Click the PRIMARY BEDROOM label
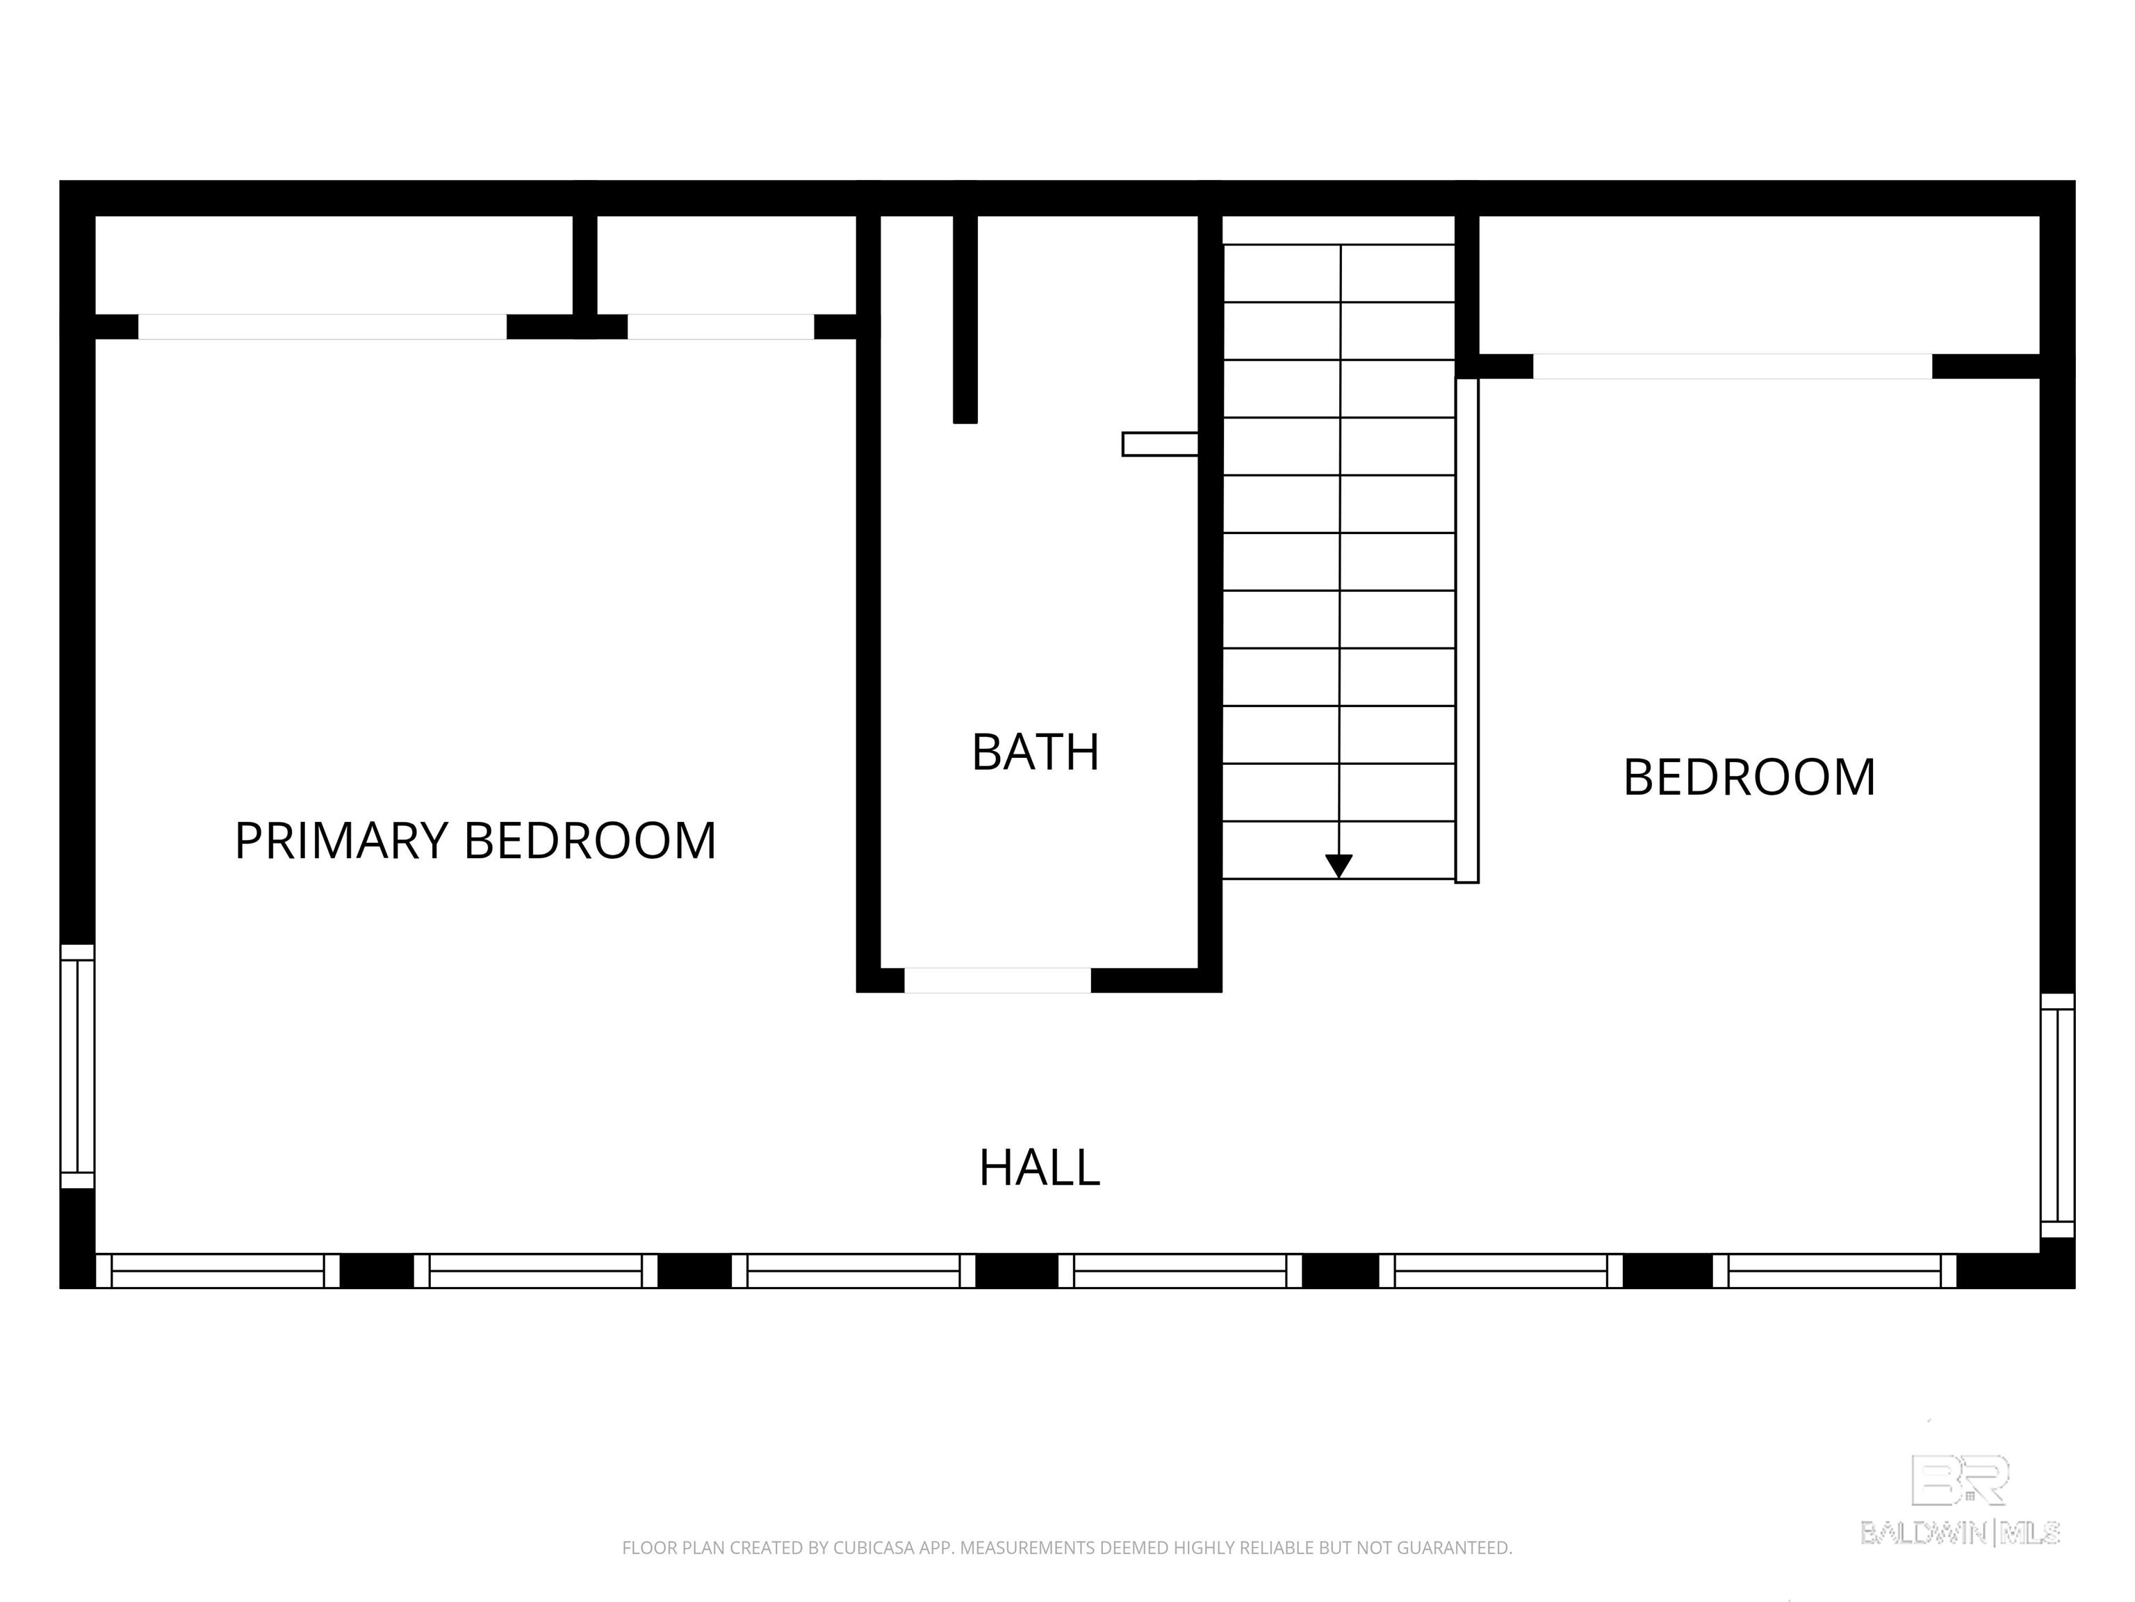click(x=475, y=840)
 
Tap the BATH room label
click(x=1036, y=752)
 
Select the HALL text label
click(x=1040, y=1167)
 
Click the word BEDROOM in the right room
click(x=1749, y=777)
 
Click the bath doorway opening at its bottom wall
click(x=997, y=980)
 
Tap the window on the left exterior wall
click(x=77, y=1066)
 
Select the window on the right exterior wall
click(x=2057, y=1115)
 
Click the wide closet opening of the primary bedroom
click(x=322, y=326)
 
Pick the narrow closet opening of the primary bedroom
click(x=721, y=326)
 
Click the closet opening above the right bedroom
click(x=1733, y=366)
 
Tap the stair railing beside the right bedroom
click(x=1467, y=631)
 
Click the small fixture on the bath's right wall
click(x=1160, y=444)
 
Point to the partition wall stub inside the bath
click(x=965, y=318)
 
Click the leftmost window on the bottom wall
click(x=217, y=1271)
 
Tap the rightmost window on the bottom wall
click(x=1834, y=1271)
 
